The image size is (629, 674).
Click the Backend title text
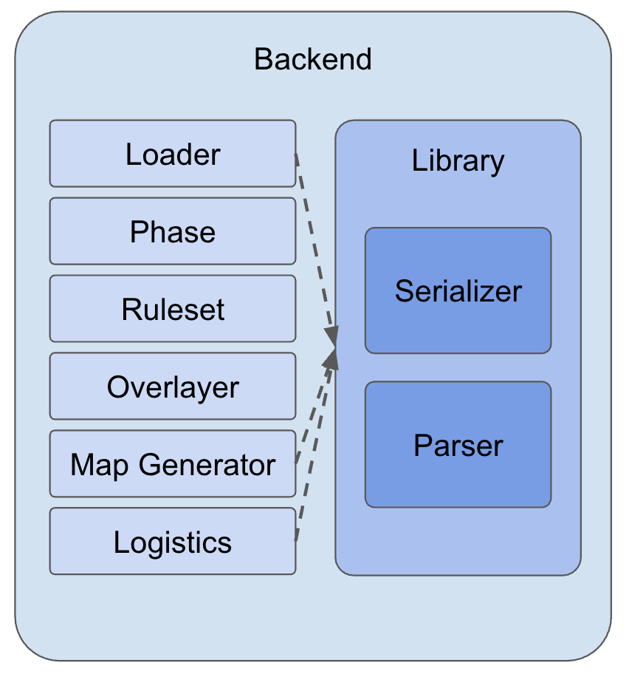(x=313, y=59)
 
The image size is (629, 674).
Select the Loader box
(x=173, y=154)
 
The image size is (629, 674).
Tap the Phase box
(x=173, y=231)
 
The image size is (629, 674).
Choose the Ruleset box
(x=173, y=309)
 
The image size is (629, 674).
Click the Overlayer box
(x=173, y=387)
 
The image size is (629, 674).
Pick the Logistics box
(x=173, y=542)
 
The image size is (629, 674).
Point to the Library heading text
(x=458, y=160)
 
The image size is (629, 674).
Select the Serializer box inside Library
(x=458, y=290)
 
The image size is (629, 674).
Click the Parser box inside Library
(x=458, y=445)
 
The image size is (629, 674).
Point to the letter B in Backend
(x=263, y=59)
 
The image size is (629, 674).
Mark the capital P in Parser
(x=422, y=445)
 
